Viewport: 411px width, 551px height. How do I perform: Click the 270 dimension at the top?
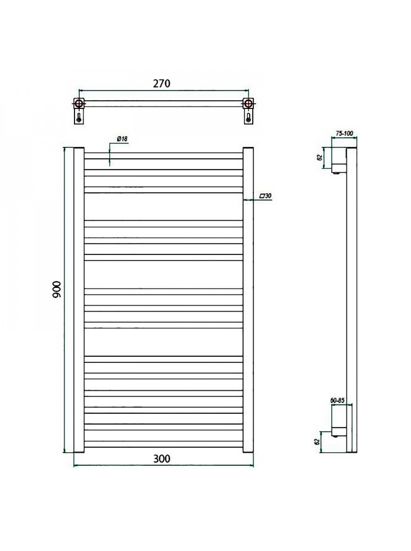click(x=162, y=83)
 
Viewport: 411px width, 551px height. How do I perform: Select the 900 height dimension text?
click(x=57, y=289)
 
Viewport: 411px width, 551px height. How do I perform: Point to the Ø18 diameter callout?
click(x=122, y=139)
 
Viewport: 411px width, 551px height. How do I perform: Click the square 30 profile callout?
click(x=265, y=196)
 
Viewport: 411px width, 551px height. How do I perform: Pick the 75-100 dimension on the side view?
click(x=344, y=133)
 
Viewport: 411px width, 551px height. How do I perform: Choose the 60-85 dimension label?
click(x=337, y=401)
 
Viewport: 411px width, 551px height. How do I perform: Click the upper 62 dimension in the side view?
click(x=319, y=157)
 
